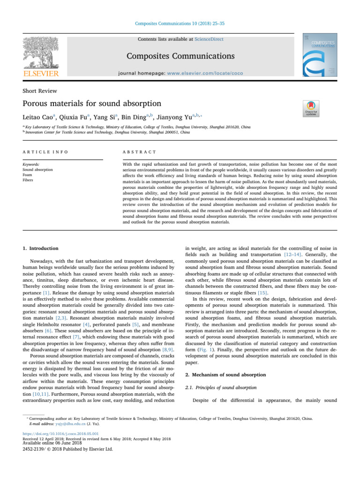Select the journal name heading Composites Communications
pyautogui.click(x=180, y=57)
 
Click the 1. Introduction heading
pyautogui.click(x=39, y=248)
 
